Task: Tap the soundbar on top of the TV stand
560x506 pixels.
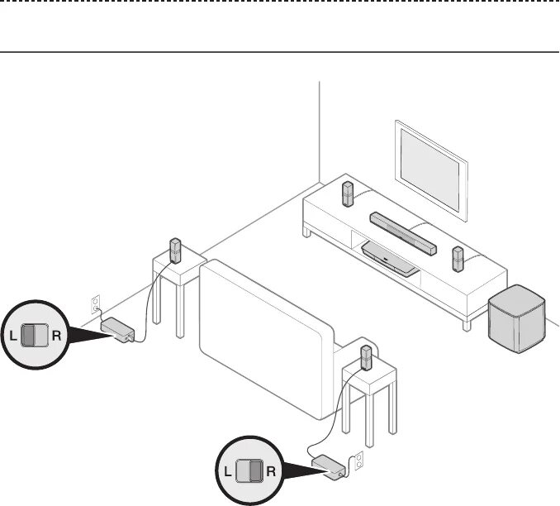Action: point(403,232)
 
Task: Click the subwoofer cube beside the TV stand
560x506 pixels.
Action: point(516,317)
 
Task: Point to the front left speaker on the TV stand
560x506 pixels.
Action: point(349,194)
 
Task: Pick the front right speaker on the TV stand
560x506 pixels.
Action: point(458,259)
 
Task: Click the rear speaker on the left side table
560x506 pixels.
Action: point(175,250)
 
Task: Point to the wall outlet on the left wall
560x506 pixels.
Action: point(96,302)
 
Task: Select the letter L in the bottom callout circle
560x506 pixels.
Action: point(227,471)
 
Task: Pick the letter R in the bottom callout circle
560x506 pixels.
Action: point(271,471)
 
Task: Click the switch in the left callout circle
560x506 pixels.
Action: point(34,336)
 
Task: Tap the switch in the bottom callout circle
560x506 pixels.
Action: point(249,471)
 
